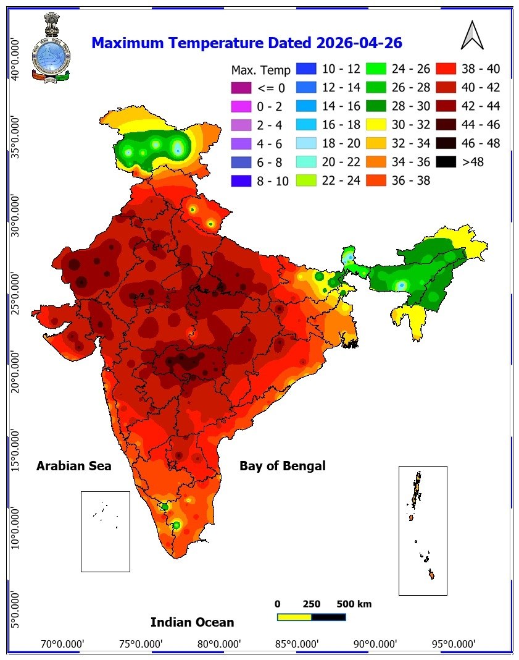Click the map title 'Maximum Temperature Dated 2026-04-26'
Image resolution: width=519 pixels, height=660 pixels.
coord(246,43)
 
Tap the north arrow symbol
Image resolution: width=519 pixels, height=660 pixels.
coord(471,35)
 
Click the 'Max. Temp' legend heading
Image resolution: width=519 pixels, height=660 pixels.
coord(260,70)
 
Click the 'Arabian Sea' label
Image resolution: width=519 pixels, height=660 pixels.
coord(74,466)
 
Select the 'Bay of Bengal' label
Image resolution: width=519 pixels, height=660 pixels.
coord(282,466)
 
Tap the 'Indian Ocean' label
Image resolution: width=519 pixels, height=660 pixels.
coord(192,622)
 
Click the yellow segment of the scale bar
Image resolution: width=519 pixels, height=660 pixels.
coord(294,617)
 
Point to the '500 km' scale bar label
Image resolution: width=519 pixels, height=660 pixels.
coord(354,604)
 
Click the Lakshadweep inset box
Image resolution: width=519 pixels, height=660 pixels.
coord(105,531)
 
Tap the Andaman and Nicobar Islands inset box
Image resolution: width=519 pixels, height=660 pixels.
coord(423,530)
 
